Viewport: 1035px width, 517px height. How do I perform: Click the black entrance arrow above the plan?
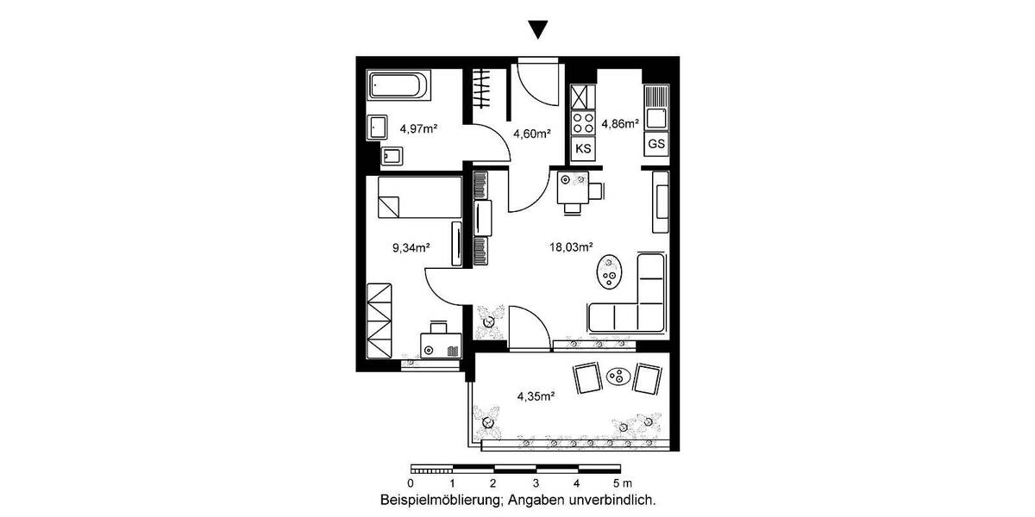[538, 30]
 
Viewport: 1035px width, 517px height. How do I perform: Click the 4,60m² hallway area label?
[531, 134]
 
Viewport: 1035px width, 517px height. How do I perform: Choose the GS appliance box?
[656, 144]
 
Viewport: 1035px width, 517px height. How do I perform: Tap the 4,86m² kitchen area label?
[620, 123]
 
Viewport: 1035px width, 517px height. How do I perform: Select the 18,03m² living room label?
[571, 247]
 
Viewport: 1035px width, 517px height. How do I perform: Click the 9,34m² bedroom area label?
[411, 247]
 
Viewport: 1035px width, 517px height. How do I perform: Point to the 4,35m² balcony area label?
[535, 396]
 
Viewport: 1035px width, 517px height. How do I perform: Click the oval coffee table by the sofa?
[611, 272]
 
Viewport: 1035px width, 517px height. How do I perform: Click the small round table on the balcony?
[618, 376]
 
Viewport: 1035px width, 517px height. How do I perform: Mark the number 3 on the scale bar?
[536, 483]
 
